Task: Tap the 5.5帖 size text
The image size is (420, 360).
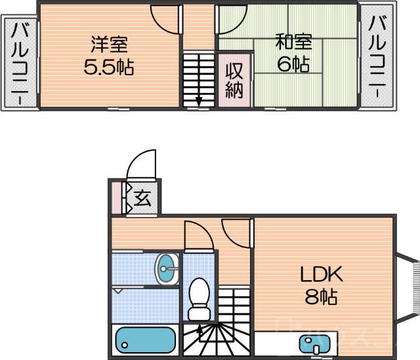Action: click(109, 67)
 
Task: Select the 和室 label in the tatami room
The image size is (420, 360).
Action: click(289, 43)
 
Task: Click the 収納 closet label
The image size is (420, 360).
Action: click(234, 80)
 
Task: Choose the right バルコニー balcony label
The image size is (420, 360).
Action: click(377, 57)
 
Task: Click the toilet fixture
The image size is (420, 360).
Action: click(198, 298)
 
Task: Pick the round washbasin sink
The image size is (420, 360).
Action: click(167, 269)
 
